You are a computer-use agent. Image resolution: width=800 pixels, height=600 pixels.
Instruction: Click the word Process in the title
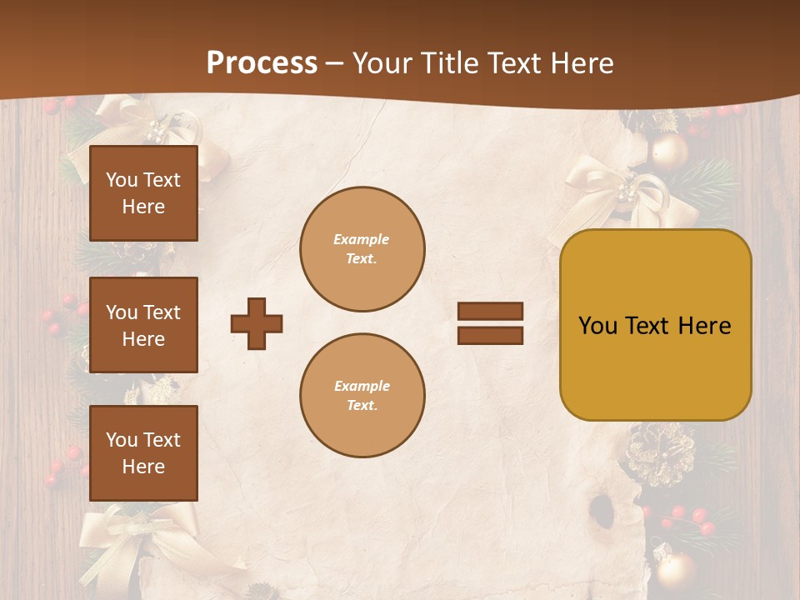click(262, 63)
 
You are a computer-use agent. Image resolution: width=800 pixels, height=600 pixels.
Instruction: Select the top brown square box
click(143, 193)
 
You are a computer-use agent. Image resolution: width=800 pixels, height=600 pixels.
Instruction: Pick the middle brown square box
click(143, 325)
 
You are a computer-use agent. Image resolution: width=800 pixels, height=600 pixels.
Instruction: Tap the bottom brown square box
click(143, 453)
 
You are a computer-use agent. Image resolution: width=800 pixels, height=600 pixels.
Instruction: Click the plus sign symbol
click(257, 323)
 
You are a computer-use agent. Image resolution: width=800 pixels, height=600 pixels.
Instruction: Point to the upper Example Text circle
click(362, 249)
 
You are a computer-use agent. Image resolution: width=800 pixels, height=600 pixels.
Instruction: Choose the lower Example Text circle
click(362, 396)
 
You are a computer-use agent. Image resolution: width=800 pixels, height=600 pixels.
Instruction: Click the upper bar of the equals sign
click(490, 311)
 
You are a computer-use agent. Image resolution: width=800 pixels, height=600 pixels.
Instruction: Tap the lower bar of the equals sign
click(490, 335)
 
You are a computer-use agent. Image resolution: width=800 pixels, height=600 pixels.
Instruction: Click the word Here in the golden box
click(704, 326)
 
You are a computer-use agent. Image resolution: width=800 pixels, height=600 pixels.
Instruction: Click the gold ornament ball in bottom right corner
click(675, 569)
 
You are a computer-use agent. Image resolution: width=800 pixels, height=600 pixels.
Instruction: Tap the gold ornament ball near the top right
click(669, 152)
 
